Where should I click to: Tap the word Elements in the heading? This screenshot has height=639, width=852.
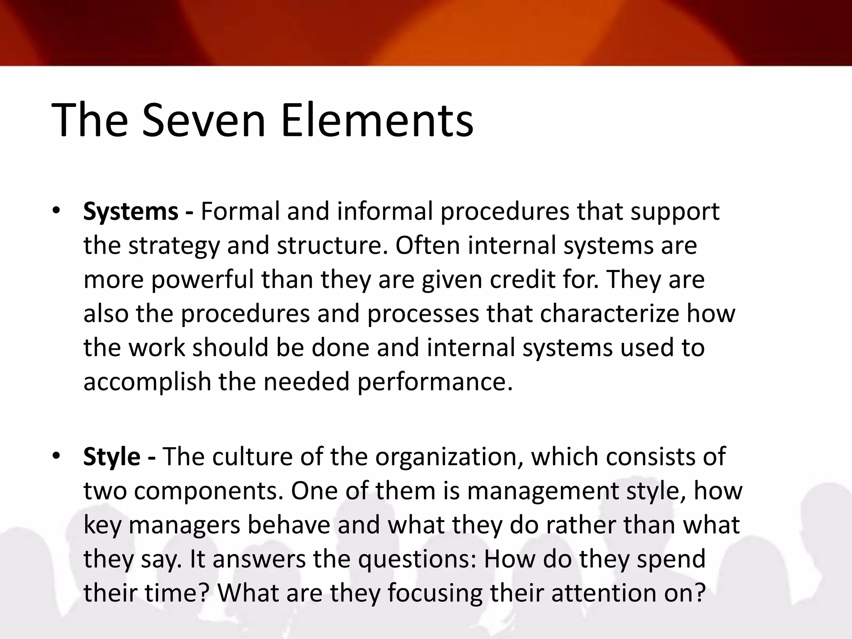point(377,121)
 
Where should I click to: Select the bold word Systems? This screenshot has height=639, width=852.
point(131,211)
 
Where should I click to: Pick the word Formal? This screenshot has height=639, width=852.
point(240,211)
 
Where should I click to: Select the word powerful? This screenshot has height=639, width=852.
point(202,280)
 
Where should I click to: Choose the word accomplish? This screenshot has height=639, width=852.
point(147,382)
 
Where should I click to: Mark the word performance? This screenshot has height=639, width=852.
point(434,382)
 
